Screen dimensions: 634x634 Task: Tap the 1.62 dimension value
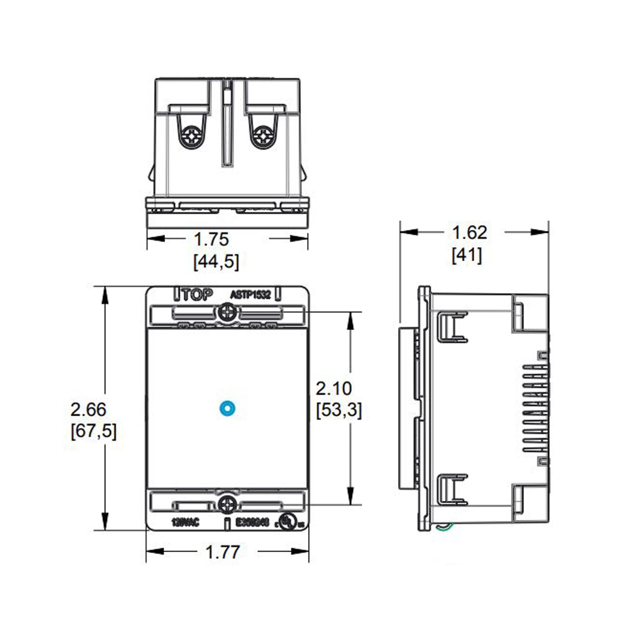pos(469,233)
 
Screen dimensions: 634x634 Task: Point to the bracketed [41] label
pos(467,255)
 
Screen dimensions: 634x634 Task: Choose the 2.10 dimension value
pos(334,389)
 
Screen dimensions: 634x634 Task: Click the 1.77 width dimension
pos(223,552)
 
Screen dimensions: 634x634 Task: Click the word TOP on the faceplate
pos(197,295)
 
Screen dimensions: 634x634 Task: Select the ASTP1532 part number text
pos(250,295)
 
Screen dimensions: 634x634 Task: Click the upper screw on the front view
pos(227,313)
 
